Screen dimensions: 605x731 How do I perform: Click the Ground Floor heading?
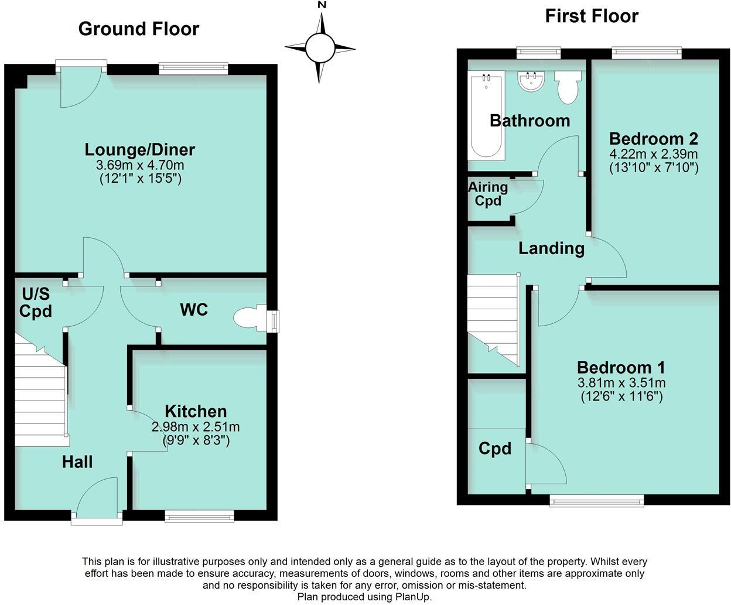138,29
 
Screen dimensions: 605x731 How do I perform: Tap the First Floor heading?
591,16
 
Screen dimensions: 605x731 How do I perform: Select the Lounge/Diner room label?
139,149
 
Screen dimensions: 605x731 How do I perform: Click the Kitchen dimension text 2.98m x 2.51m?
196,427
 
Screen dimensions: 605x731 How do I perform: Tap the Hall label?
77,462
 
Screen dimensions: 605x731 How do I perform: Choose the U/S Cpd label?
36,302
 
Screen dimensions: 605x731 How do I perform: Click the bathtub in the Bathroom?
486,115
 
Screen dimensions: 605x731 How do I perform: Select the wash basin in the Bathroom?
532,81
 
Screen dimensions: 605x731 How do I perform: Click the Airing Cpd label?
488,194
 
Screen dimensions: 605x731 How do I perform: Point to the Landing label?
551,248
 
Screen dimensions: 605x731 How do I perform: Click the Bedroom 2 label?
653,139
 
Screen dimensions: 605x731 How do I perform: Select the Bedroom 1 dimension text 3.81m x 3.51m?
621,383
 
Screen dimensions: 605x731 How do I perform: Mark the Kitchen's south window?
199,516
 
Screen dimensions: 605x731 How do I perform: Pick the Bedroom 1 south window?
596,500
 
